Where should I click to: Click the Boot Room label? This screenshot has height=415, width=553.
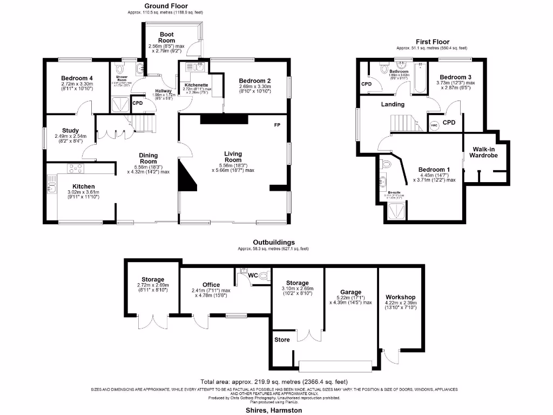[x=167, y=37]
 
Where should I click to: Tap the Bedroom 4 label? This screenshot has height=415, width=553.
[x=77, y=78]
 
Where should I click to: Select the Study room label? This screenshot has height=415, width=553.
[x=70, y=130]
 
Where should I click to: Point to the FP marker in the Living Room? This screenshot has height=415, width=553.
[x=277, y=125]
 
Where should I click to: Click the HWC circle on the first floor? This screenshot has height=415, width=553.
[x=435, y=125]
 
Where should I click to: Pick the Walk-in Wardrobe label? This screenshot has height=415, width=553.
[x=485, y=152]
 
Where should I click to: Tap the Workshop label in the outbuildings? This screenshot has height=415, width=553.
[x=400, y=297]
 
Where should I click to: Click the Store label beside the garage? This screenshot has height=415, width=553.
[x=282, y=340]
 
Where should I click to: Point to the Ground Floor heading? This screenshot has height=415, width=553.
[x=166, y=6]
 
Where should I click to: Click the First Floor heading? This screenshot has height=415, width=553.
[x=433, y=42]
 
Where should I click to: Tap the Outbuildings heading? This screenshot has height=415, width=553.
[x=274, y=243]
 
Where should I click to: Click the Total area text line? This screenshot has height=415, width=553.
[x=274, y=381]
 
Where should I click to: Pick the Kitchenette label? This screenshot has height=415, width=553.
[x=197, y=85]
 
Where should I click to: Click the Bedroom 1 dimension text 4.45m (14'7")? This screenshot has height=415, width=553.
[x=434, y=175]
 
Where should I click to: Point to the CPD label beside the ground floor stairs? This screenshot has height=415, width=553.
[x=137, y=103]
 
